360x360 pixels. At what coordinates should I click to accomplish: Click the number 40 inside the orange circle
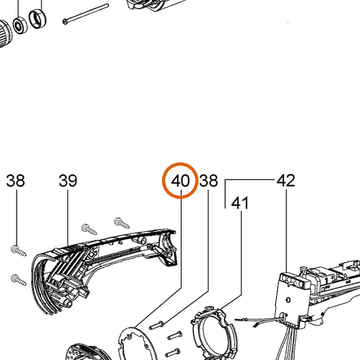coord(180,181)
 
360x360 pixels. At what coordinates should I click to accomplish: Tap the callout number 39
coord(68,181)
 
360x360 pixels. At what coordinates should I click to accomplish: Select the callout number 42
coord(286,181)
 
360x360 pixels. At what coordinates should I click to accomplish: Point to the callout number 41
coord(240,203)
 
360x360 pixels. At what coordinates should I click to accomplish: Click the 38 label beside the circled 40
coord(208,181)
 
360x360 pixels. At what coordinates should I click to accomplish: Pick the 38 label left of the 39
coord(15,181)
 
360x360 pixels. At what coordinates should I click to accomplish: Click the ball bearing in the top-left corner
coord(20,25)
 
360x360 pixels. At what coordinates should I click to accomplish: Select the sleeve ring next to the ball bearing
coord(38,19)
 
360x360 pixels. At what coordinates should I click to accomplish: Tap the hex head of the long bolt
coord(65,22)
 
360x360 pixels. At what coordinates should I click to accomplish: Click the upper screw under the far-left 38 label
coord(18,251)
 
